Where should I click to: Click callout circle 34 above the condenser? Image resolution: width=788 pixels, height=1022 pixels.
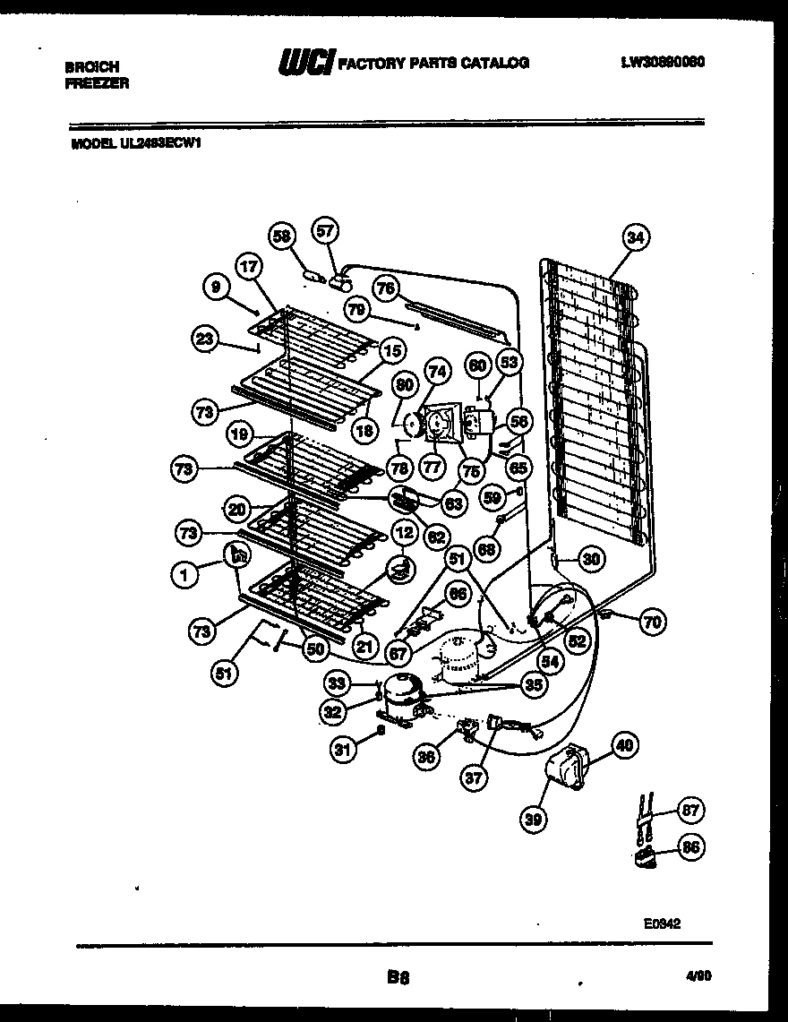[635, 237]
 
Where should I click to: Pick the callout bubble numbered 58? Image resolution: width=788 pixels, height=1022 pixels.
[282, 236]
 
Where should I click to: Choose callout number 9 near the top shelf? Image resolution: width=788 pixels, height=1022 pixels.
[215, 287]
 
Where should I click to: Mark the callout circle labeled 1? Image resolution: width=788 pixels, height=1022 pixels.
[184, 577]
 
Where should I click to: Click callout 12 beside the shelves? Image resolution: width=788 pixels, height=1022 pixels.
[404, 534]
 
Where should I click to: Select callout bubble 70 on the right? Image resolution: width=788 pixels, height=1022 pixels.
[654, 622]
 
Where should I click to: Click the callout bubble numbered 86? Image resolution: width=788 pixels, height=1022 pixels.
[689, 846]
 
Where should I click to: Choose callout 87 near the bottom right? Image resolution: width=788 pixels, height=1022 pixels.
[689, 810]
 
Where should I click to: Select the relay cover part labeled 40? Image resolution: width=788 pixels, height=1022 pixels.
[568, 769]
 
